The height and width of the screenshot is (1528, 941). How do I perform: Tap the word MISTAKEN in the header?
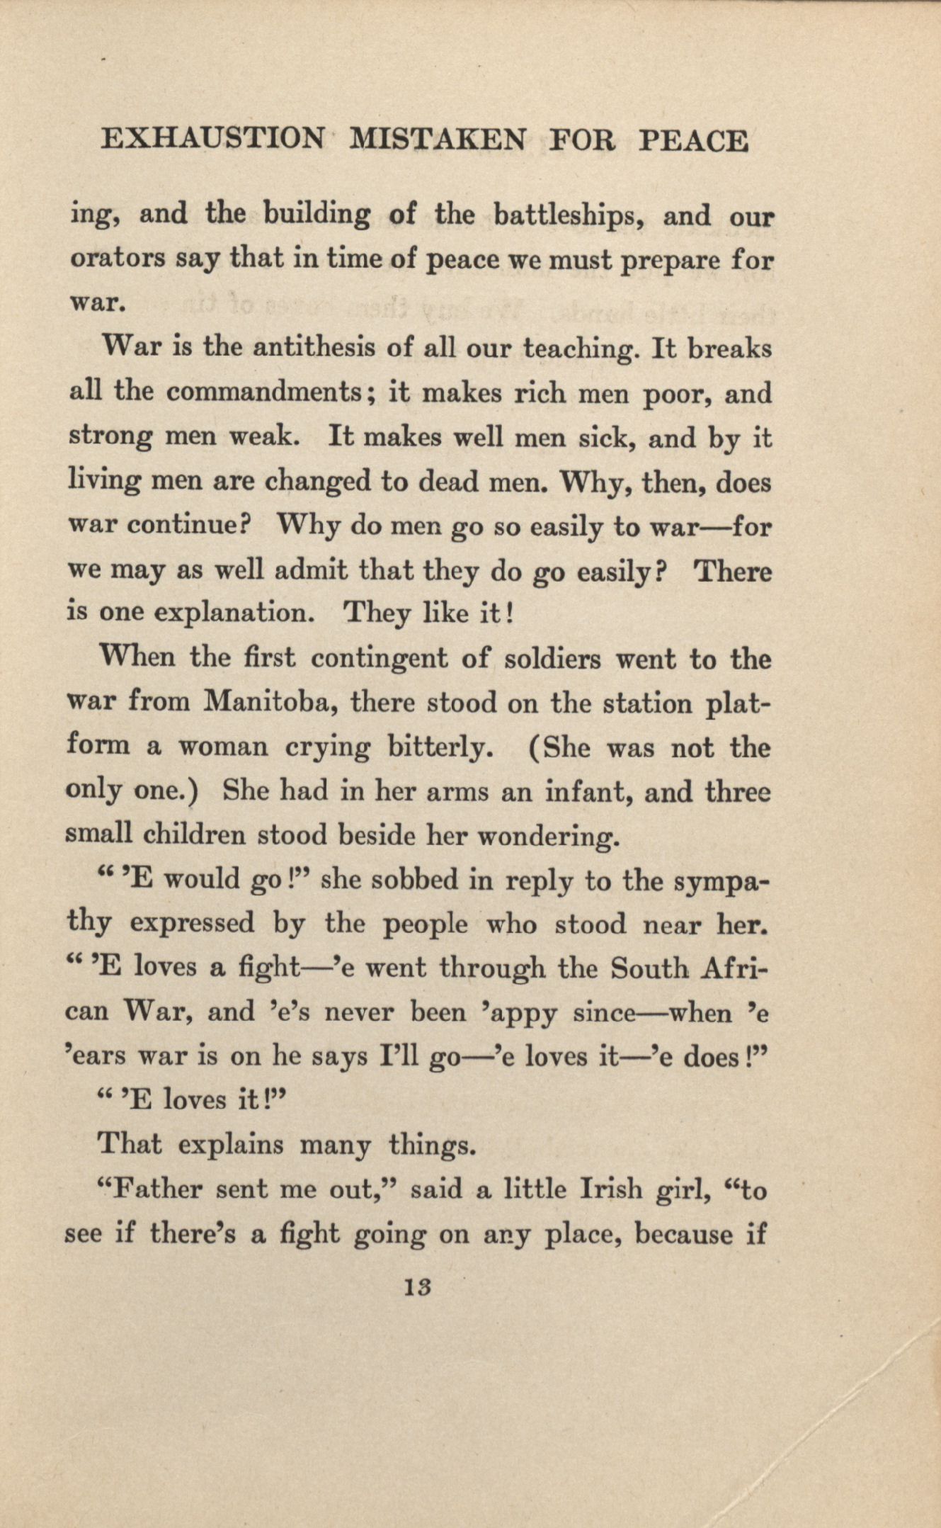[438, 140]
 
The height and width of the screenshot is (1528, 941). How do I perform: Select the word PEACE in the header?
[693, 140]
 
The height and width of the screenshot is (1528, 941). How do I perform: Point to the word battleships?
[567, 215]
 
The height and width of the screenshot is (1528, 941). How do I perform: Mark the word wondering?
[549, 837]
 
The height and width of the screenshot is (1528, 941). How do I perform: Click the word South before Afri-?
[649, 968]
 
